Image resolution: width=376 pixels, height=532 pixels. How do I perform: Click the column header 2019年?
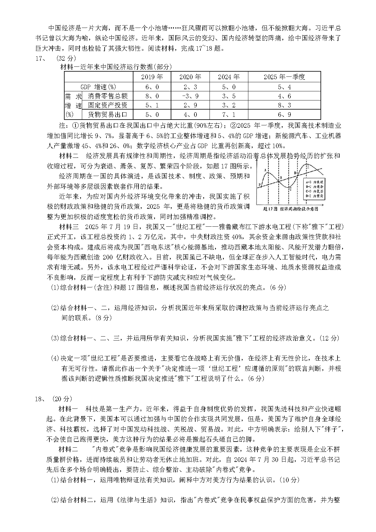152,77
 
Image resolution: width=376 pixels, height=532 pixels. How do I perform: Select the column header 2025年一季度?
284,77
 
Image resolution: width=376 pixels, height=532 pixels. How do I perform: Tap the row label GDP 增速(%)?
98,87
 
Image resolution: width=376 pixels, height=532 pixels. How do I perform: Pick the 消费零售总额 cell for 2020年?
190,96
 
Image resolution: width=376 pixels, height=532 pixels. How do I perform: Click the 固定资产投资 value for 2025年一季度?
284,105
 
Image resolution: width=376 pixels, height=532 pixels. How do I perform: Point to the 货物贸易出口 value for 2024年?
229,115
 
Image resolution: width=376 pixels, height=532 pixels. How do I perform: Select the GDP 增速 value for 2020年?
190,87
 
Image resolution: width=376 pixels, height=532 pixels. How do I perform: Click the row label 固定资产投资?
108,105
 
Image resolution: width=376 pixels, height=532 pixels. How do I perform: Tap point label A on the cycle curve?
265,171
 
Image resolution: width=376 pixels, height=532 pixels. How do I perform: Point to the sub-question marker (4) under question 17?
55,358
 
